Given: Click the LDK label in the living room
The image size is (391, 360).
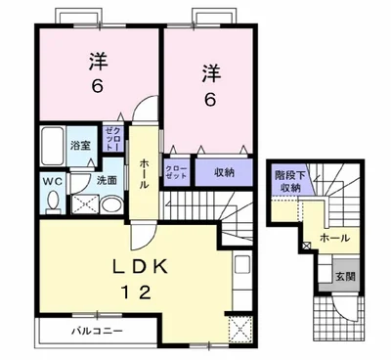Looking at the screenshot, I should tap(135, 265).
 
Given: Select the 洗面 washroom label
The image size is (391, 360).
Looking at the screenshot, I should tap(109, 179).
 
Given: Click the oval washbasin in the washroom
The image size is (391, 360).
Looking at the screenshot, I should tap(110, 204).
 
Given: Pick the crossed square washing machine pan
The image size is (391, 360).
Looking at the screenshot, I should tap(84, 204).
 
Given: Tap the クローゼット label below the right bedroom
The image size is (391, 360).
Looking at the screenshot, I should tap(177, 173).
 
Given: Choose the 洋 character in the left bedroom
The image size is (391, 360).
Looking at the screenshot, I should tap(98, 61).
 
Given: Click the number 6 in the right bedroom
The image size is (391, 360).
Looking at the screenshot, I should tap(210, 100).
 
